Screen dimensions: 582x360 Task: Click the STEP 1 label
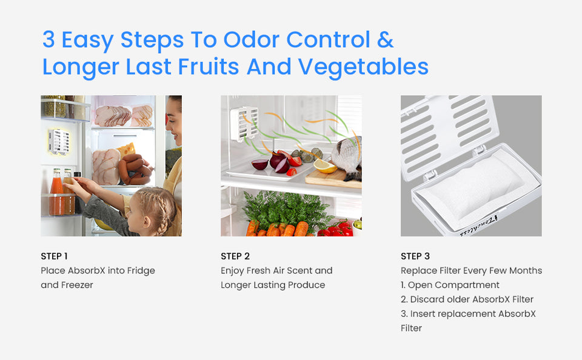click(54, 256)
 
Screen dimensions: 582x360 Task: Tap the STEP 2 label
click(235, 256)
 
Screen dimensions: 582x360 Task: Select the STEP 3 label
click(415, 256)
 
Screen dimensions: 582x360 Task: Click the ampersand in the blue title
click(386, 40)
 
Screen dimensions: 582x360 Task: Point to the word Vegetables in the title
click(363, 67)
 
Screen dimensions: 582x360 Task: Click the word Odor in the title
click(251, 40)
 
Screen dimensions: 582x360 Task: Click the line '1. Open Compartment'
click(450, 285)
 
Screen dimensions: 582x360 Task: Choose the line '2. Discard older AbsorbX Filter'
click(467, 299)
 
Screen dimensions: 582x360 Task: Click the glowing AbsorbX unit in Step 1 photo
click(59, 141)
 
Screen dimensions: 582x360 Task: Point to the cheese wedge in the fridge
click(127, 149)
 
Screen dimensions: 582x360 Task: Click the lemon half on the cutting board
click(325, 166)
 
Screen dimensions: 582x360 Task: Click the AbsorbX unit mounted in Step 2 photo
click(244, 124)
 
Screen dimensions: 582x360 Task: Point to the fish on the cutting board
click(347, 155)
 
